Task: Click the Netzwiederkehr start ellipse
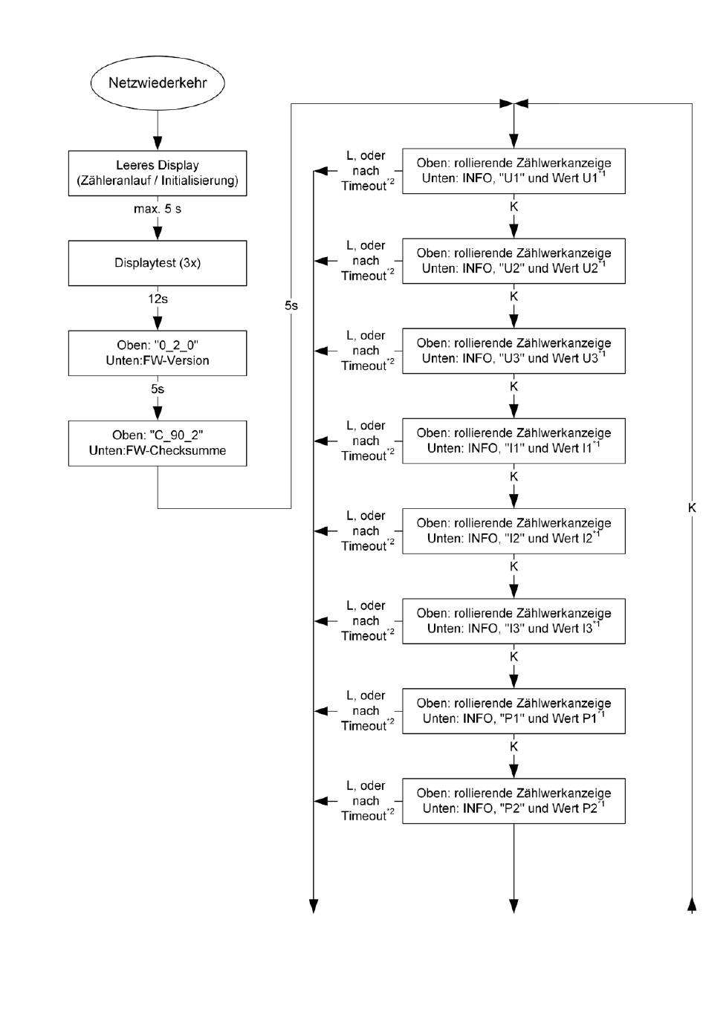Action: point(158,83)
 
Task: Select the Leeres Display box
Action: point(158,173)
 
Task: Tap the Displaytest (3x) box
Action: point(158,263)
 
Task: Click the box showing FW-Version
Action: point(158,353)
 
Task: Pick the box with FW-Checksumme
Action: point(158,444)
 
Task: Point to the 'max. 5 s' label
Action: point(158,209)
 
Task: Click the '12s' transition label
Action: point(158,299)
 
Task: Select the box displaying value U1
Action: point(514,171)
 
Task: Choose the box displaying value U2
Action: point(514,262)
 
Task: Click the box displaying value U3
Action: point(514,351)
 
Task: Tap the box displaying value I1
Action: point(514,441)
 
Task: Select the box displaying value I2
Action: point(514,531)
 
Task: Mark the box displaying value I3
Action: point(514,621)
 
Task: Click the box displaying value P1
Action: point(514,711)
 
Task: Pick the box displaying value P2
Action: point(514,802)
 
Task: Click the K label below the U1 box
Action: point(514,207)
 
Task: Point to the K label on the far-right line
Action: point(692,508)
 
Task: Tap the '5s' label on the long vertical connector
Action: point(291,306)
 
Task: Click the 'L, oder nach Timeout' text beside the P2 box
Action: point(367,801)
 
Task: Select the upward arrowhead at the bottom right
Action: point(692,906)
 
